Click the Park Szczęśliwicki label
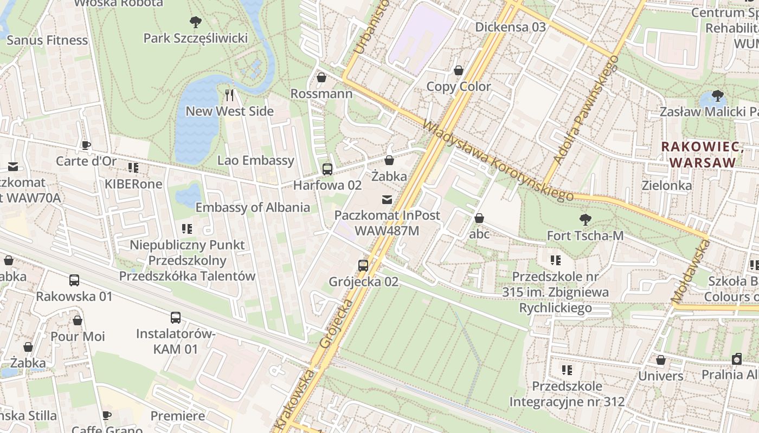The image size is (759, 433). pos(195,38)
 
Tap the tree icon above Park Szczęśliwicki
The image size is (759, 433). pos(196,22)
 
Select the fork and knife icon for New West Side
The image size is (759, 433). pos(229,95)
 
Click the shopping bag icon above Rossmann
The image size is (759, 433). pos(321,78)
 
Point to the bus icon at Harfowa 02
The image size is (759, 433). pos(327,169)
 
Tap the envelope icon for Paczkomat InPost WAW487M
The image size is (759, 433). pos(387,200)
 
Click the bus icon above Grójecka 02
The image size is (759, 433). pos(363,266)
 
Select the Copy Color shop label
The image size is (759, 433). pos(459,87)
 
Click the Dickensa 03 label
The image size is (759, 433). pos(510,27)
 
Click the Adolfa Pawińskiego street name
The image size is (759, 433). pos(586,109)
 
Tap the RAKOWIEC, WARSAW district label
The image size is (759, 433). pos(703,154)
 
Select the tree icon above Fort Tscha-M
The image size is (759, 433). pos(585,220)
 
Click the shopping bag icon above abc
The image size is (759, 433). pos(479,218)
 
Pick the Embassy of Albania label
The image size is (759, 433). pos(253,207)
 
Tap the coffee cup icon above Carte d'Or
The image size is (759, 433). pos(86,145)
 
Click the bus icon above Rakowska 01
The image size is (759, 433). pos(74,280)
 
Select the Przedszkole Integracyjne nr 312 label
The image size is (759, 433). pos(567,394)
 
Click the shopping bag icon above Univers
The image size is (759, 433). pos(661,360)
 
